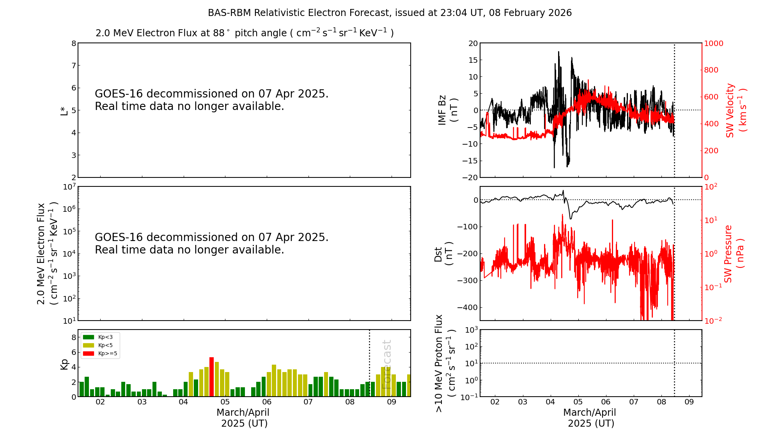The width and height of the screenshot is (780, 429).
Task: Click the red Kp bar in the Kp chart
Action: [x=211, y=377]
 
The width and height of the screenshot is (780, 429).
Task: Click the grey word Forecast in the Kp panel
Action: [x=386, y=365]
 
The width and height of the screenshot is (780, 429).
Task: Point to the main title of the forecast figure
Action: [x=390, y=13]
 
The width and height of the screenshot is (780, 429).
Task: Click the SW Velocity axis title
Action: [x=736, y=110]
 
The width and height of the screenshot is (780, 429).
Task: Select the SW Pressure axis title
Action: [x=733, y=253]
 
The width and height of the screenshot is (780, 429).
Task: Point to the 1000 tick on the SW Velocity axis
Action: [x=713, y=43]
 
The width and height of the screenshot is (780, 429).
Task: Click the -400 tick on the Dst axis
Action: [x=468, y=307]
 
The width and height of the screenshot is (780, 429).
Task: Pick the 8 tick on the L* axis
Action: [x=74, y=43]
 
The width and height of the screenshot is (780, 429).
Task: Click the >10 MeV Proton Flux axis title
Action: [x=445, y=363]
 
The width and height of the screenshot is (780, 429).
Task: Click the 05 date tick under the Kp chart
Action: [x=225, y=402]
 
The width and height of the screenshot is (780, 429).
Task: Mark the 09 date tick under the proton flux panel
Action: [x=689, y=402]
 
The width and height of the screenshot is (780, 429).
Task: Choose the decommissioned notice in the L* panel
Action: [x=211, y=100]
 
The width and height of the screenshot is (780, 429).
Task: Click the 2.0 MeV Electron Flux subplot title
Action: [x=245, y=33]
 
